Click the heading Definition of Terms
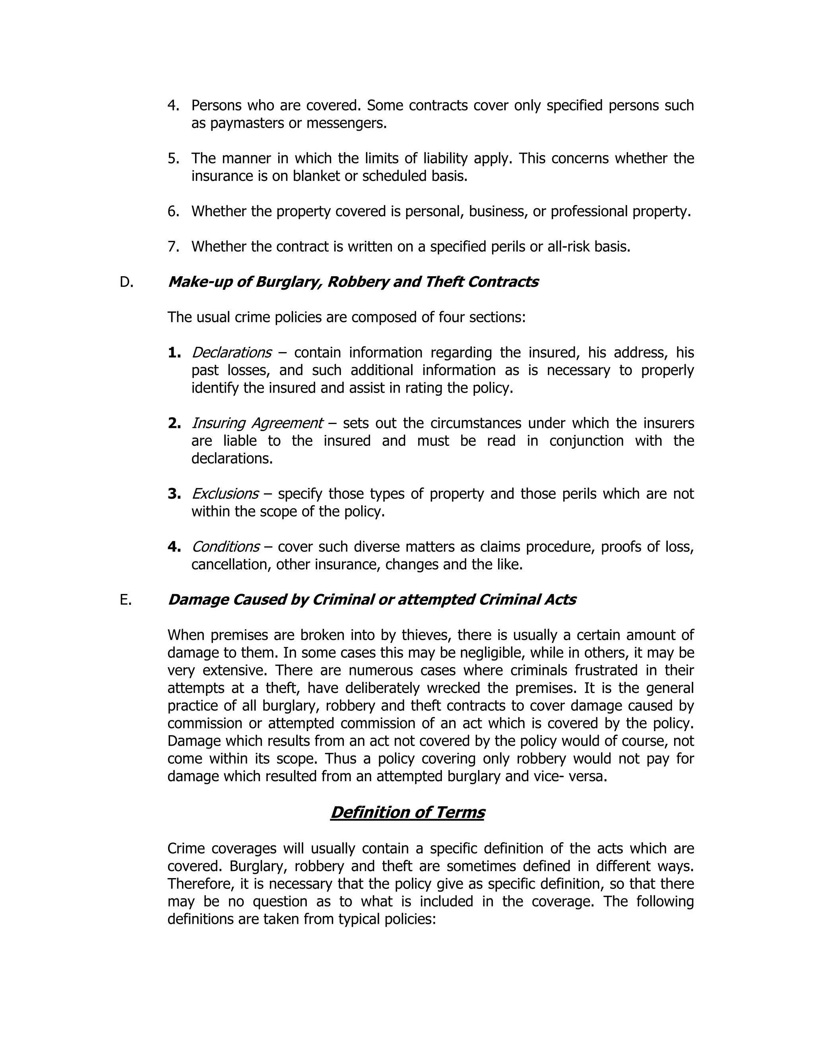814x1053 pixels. click(407, 813)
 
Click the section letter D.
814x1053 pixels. click(126, 282)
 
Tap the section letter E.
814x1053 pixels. click(125, 600)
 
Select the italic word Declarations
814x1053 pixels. click(231, 352)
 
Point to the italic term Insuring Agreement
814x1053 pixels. click(257, 423)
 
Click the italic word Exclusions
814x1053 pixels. click(225, 494)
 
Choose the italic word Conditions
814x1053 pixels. click(225, 547)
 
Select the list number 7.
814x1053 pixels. click(174, 247)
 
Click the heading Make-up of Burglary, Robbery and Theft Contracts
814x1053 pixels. click(353, 282)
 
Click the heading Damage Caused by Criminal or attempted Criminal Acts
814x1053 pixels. click(371, 600)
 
